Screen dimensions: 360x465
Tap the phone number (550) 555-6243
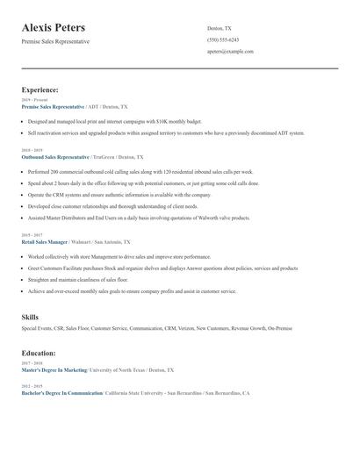coord(222,39)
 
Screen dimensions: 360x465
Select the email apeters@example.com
coord(230,52)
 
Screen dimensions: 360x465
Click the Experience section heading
coord(40,89)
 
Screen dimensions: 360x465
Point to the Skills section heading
coord(30,316)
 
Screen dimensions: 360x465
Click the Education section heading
coord(39,353)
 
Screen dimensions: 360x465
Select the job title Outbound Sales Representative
coord(54,156)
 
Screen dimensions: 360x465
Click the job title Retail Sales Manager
coord(44,241)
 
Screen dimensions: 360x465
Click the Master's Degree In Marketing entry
coord(54,370)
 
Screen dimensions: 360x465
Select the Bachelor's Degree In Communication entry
coord(61,393)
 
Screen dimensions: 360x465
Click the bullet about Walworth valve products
coord(139,218)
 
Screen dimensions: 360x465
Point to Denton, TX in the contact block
coord(220,28)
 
